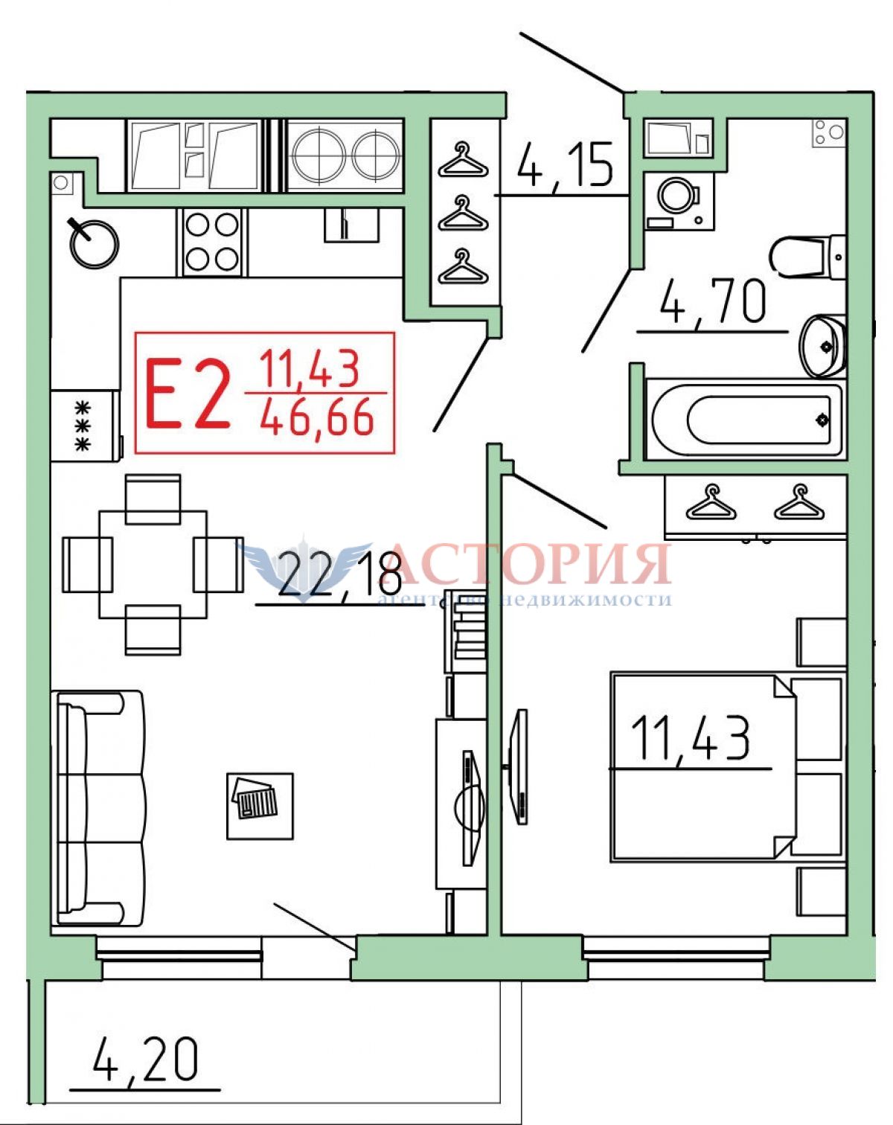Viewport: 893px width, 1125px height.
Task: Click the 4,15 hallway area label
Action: pos(564,165)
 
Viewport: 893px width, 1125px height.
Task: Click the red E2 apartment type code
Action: pos(188,394)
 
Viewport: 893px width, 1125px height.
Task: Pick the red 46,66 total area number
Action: pos(317,416)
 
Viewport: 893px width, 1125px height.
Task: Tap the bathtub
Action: pos(744,421)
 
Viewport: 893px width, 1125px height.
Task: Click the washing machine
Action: pos(679,200)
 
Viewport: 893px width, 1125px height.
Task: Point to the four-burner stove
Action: pos(212,243)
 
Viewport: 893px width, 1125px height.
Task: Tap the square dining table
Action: pos(153,565)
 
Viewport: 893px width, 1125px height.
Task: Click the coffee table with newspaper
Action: pos(260,807)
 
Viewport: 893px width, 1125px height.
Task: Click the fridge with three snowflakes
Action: pos(86,425)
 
